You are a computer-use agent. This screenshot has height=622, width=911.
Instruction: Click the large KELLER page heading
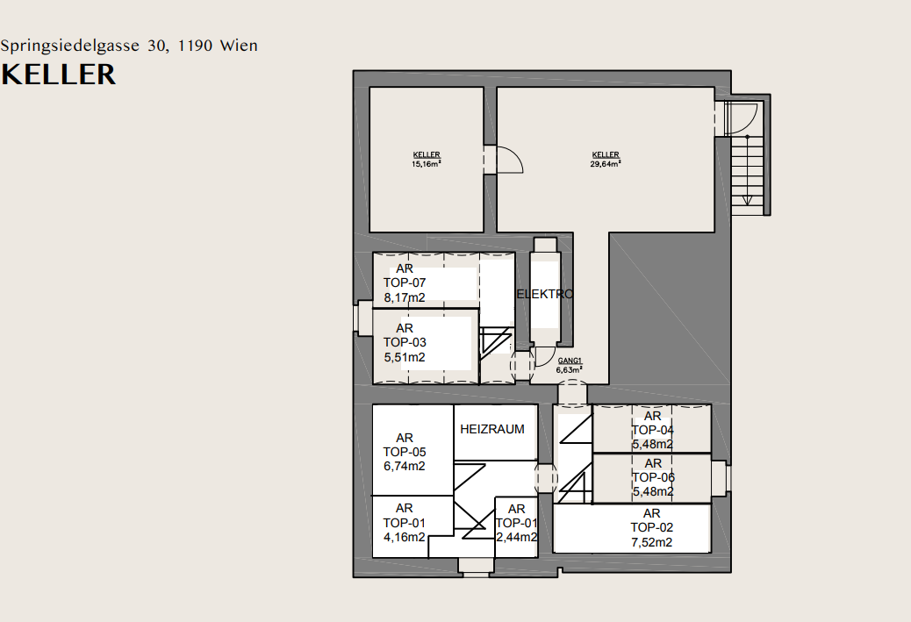point(58,75)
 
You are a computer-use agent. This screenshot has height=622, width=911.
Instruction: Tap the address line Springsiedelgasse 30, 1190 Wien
point(129,46)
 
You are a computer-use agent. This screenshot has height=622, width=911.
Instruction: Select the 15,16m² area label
point(427,164)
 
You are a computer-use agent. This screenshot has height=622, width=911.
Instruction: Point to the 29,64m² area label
point(606,164)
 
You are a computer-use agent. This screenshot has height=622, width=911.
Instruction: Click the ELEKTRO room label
point(544,294)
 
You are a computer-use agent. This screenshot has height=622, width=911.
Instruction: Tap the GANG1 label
point(570,361)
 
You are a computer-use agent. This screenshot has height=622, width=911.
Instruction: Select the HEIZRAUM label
point(492,429)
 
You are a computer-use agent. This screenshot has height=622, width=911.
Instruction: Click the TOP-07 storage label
point(405,282)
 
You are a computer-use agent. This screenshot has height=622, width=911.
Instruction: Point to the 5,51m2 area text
point(405,357)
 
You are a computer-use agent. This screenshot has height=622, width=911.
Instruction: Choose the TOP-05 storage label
point(405,452)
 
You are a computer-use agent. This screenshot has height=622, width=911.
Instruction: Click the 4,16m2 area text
point(405,537)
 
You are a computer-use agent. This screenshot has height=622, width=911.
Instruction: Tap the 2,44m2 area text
point(517,537)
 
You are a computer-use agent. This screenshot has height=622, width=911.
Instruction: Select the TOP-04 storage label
point(652,431)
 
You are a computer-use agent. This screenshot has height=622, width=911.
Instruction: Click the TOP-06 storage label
point(653,477)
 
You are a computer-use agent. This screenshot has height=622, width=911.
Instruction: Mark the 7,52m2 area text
point(652,542)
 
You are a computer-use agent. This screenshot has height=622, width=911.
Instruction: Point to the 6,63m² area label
point(570,370)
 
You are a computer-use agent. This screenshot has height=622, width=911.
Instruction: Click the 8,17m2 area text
point(405,298)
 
